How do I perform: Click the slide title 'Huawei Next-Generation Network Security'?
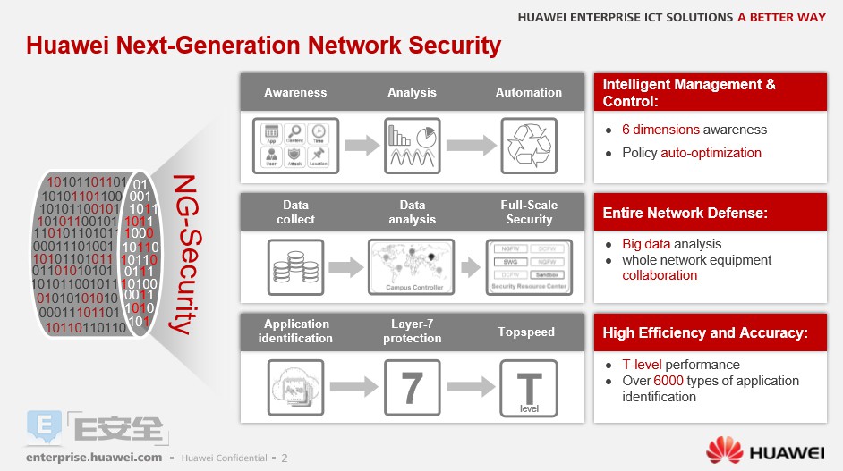[x=263, y=46]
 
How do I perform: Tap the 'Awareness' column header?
[x=295, y=92]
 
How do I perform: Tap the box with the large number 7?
[x=412, y=387]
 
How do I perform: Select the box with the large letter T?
[x=529, y=387]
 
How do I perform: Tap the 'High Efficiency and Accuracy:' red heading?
[x=705, y=333]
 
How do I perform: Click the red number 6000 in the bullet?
[x=668, y=381]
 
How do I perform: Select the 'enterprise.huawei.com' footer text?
[x=94, y=457]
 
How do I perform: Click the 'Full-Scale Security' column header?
[x=529, y=212]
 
